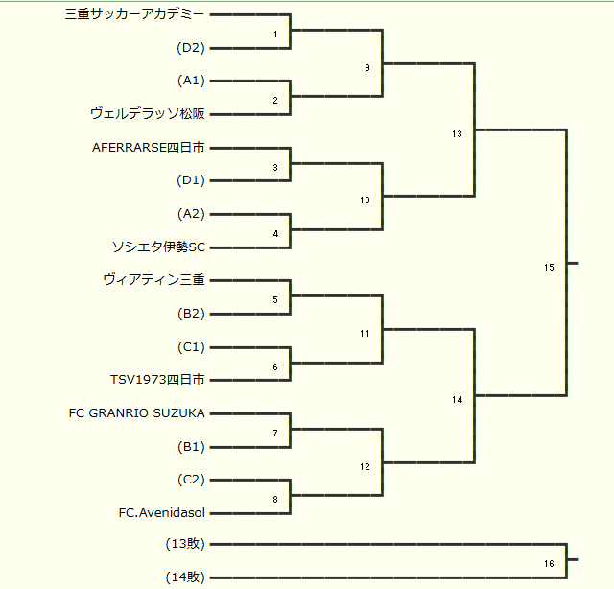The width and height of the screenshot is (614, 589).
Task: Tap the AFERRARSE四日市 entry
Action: [149, 148]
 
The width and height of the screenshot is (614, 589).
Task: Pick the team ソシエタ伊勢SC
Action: [159, 247]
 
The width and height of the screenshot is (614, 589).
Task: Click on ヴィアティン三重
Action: [153, 280]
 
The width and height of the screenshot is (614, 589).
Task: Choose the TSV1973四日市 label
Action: [157, 380]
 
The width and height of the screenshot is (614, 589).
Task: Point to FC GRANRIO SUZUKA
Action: [137, 412]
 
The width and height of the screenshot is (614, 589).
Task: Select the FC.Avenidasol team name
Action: [162, 512]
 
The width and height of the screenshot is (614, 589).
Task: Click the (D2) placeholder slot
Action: [191, 48]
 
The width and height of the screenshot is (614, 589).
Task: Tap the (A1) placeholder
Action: [191, 81]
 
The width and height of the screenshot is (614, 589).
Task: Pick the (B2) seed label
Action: [191, 314]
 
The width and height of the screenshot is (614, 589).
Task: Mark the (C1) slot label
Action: [191, 346]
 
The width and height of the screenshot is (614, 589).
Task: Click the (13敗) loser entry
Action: [185, 544]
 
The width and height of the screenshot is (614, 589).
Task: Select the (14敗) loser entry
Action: [185, 577]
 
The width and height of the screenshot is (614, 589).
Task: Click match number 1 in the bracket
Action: [275, 35]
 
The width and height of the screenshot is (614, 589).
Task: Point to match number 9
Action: [367, 68]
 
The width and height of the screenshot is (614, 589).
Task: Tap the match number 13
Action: [457, 134]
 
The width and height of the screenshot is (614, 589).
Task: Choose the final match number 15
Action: [549, 268]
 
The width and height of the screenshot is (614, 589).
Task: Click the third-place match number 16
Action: [549, 564]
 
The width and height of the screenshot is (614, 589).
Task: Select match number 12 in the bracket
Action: [365, 467]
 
